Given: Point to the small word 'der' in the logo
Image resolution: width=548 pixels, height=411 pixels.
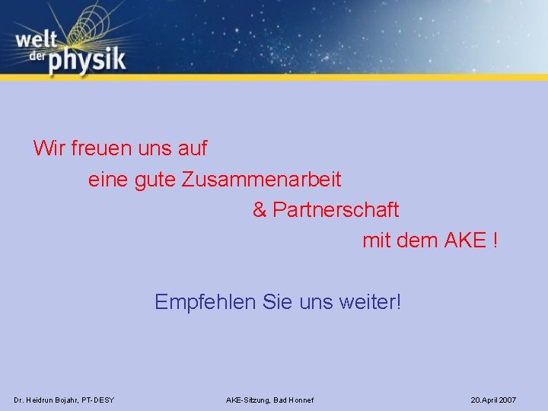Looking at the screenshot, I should point(32,57).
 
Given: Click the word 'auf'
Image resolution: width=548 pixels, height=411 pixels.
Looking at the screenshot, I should point(192,148).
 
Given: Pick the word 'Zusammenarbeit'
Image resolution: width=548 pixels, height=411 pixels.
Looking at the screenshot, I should point(262,180).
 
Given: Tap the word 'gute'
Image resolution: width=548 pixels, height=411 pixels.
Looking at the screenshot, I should point(155,181).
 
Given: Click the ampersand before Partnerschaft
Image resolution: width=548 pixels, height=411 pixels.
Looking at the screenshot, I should point(260,209).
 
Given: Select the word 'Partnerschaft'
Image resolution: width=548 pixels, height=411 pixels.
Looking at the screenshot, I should point(336,209).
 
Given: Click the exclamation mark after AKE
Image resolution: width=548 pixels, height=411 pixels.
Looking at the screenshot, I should point(495,241).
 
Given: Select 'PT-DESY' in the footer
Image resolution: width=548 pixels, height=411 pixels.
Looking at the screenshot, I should point(97,400).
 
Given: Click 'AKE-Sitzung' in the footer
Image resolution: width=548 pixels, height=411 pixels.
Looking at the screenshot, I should point(247,400).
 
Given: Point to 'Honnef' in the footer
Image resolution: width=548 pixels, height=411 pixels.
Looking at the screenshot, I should point(299,400).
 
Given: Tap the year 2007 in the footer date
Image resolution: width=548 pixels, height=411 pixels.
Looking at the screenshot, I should point(508,400).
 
